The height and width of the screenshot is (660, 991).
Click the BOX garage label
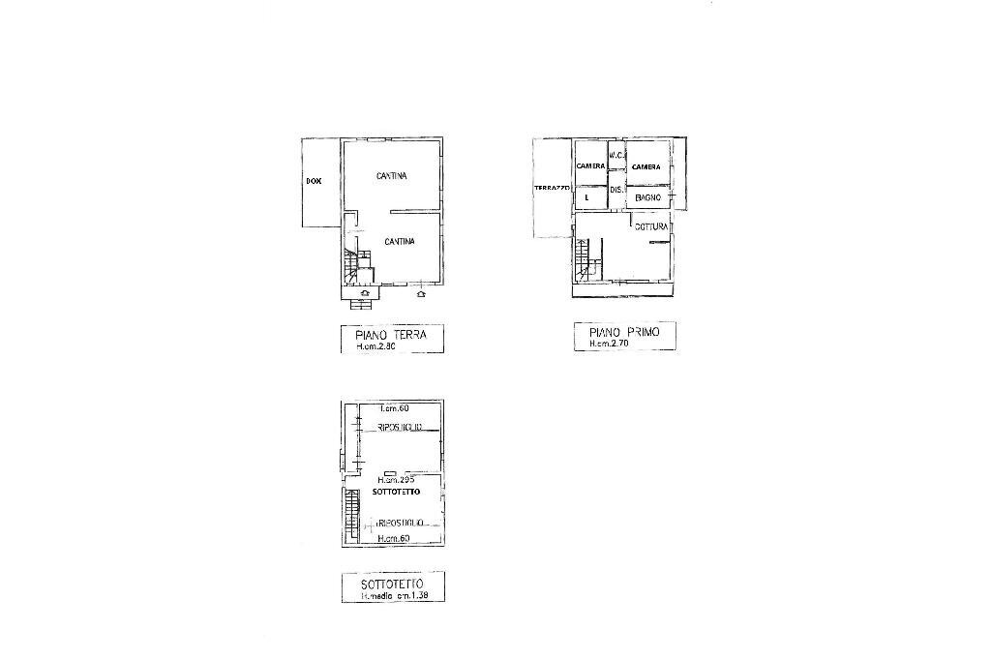point(313,181)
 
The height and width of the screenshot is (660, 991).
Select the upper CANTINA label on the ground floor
point(391,176)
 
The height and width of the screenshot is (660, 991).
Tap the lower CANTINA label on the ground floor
point(399,241)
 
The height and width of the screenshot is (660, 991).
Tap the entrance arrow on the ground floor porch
point(364,291)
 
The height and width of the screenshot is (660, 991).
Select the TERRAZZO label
point(552,188)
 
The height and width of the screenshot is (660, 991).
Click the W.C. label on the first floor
point(615,156)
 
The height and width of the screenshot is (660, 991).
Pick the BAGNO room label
point(647,197)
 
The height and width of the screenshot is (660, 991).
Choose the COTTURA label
point(652,227)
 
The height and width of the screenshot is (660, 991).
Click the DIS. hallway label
point(615,190)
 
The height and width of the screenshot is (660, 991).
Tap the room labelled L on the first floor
point(587,197)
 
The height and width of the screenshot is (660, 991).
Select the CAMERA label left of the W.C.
point(590,166)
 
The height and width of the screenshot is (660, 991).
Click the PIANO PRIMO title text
point(624,331)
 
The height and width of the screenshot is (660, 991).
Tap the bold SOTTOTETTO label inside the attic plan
point(395,493)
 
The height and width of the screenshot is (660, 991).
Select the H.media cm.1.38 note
point(394,596)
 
